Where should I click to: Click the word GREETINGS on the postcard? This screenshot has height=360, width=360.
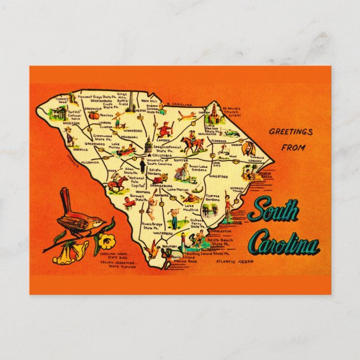(291, 132)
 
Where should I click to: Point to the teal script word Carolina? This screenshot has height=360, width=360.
(283, 244)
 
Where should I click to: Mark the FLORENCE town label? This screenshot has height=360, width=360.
(218, 140)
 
